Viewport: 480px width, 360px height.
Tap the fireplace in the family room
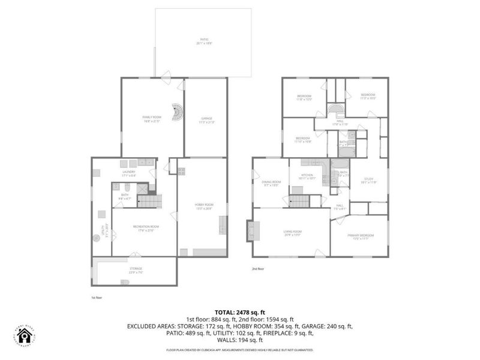coord(176,112)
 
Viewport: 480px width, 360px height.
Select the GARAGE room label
coord(206,119)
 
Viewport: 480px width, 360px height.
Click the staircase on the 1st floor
coord(152,202)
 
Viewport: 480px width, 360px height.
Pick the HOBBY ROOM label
coord(205,205)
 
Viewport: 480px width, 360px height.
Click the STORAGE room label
coord(136,271)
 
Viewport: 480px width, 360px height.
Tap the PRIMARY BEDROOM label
coord(361,236)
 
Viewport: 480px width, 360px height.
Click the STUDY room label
coord(369,180)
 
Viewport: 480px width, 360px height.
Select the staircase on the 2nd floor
coord(298,202)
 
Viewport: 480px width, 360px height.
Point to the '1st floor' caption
coord(97,297)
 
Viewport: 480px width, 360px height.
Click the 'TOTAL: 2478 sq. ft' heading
coord(240,312)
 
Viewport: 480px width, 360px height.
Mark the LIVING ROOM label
coord(292,232)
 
